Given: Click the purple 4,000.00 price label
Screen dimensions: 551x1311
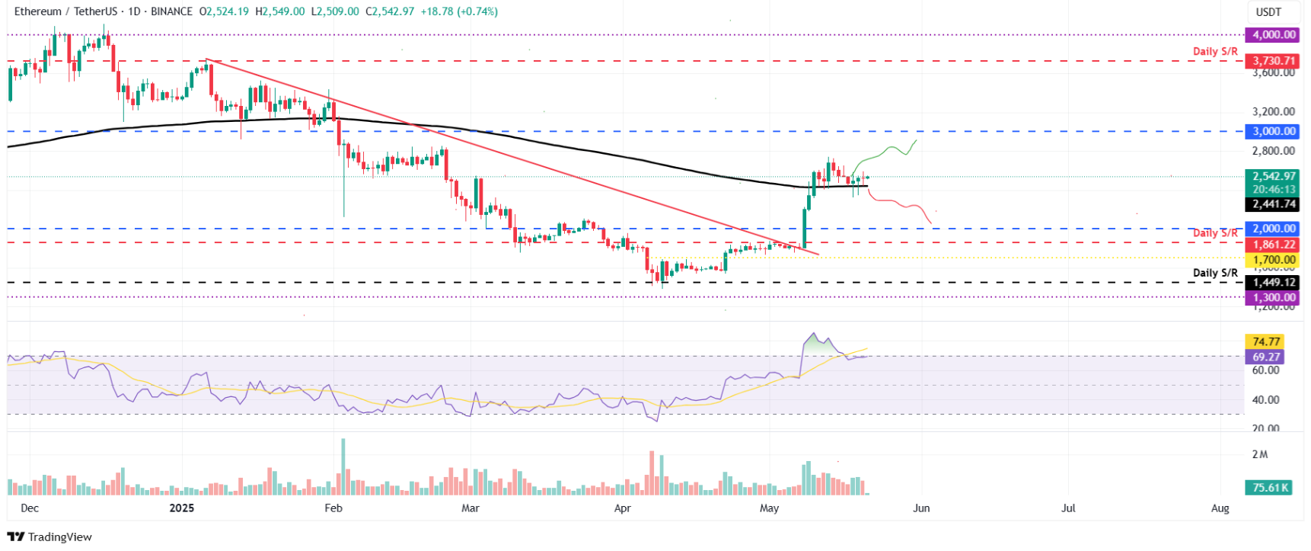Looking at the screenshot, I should click(1274, 34).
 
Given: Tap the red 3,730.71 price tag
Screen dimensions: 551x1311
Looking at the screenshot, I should click(1274, 60).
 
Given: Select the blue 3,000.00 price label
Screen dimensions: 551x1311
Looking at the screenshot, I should click(1274, 131).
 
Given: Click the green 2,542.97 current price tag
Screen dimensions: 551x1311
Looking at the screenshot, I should click(1274, 176).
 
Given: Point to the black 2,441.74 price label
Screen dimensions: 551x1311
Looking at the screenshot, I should click(1274, 204).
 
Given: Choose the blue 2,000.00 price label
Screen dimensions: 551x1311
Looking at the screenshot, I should click(1274, 228).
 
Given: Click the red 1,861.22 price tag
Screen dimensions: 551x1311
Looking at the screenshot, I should click(1274, 245).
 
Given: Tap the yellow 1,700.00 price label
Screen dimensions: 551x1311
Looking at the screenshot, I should click(1274, 260).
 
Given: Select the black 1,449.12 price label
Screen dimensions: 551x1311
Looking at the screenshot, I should click(1274, 283).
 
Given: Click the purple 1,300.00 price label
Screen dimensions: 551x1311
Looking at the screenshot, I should click(1274, 298).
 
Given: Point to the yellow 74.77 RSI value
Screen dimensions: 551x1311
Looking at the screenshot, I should click(1265, 341).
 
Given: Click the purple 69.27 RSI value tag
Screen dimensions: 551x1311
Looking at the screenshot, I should click(1265, 357).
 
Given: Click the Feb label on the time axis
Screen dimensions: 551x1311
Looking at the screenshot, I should click(333, 508).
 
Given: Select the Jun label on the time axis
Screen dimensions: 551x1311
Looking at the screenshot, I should click(921, 508).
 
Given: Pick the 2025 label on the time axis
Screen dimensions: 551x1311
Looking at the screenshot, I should click(181, 508).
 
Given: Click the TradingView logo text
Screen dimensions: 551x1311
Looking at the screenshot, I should click(59, 537).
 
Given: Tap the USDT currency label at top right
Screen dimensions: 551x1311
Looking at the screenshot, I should click(1268, 11).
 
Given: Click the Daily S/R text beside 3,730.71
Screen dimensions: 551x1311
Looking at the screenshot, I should click(1215, 51).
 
